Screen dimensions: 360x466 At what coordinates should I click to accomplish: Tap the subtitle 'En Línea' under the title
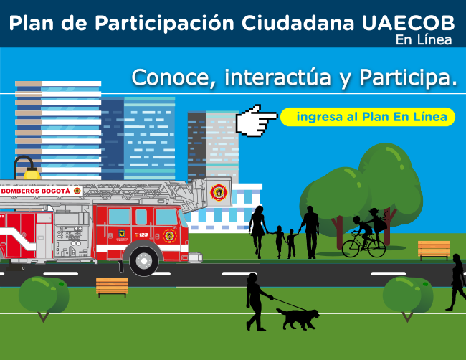pyautogui.click(x=424, y=40)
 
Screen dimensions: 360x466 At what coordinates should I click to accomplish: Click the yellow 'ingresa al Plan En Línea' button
pyautogui.click(x=368, y=117)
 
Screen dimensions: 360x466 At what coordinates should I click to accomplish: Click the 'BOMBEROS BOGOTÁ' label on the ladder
pyautogui.click(x=35, y=191)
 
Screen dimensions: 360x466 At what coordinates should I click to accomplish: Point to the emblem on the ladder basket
pyautogui.click(x=219, y=191)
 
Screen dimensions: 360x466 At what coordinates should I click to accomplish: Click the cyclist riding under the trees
pyautogui.click(x=366, y=233)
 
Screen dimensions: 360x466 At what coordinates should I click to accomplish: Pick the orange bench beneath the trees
pyautogui.click(x=434, y=249)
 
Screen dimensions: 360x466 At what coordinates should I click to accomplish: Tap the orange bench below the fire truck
pyautogui.click(x=112, y=287)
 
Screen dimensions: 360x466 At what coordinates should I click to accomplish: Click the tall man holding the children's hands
pyautogui.click(x=310, y=231)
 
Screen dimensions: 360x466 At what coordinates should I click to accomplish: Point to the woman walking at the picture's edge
pyautogui.click(x=456, y=282)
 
